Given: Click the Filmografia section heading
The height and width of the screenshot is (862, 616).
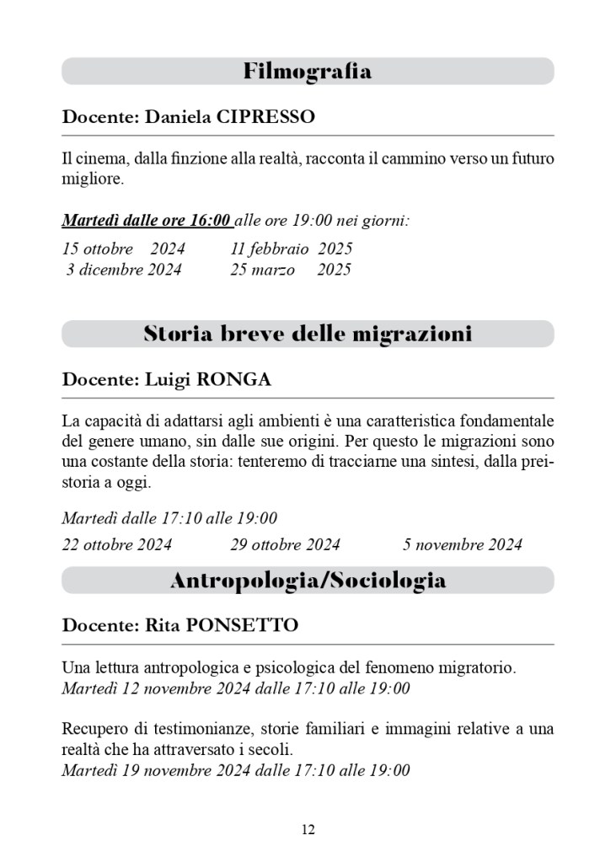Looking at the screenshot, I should point(308,72).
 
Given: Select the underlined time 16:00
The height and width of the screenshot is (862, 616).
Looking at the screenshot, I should point(210,221).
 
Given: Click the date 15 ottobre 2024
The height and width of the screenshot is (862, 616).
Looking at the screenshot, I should point(123,249).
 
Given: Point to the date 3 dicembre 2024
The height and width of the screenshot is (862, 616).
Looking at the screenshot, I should point(123,270).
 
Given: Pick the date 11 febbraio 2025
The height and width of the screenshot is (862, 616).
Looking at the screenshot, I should point(291,249).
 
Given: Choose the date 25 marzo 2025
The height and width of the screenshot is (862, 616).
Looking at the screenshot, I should point(291,270).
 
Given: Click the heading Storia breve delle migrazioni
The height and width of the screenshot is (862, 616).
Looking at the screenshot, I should point(308,334).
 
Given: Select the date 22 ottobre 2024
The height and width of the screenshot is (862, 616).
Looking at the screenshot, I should point(116,544).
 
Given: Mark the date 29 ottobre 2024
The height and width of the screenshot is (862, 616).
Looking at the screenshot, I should point(285,544).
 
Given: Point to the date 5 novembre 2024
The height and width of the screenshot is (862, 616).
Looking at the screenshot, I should point(462,544).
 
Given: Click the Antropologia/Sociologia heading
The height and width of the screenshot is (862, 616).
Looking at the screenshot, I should point(308,580).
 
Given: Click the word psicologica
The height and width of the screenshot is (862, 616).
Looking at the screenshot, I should point(300,668).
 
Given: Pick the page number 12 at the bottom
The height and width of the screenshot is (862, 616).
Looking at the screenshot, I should point(308,830).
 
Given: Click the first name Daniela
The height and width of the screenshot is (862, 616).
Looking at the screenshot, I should point(177,117).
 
